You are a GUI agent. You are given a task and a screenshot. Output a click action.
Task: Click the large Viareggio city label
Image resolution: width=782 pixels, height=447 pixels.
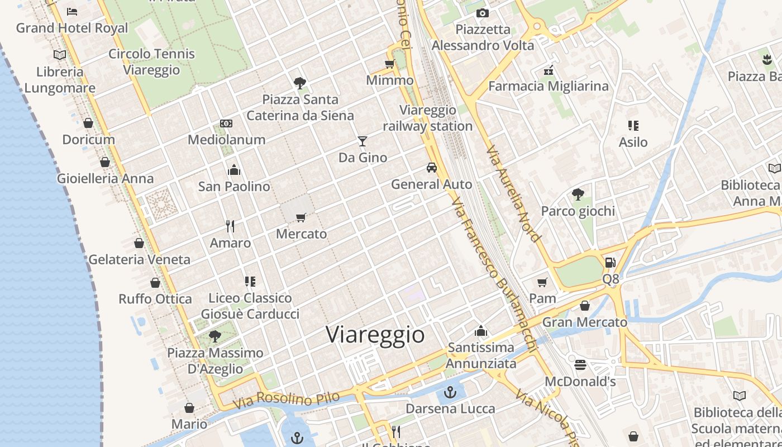375,335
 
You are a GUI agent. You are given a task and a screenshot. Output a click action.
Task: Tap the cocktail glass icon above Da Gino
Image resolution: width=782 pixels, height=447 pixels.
363,141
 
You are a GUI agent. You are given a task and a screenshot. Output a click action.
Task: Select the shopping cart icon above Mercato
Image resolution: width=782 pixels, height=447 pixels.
301,217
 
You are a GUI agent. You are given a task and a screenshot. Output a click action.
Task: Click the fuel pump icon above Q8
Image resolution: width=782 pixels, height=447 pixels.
610,262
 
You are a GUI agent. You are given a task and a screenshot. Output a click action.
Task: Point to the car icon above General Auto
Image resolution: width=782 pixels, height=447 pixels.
431,167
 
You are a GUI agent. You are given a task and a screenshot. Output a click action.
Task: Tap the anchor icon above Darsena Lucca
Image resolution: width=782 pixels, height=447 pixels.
450,392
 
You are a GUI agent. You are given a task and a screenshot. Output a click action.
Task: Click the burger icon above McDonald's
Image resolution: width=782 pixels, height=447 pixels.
580,365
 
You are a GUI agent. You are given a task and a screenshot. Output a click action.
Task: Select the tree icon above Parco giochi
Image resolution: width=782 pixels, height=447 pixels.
578,194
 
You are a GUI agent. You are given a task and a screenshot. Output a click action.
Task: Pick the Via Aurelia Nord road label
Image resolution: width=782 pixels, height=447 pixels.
513,194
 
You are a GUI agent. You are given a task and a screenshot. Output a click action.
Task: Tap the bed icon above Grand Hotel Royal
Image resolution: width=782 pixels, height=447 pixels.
71,11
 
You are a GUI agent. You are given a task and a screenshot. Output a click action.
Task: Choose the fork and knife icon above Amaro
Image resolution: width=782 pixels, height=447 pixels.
230,226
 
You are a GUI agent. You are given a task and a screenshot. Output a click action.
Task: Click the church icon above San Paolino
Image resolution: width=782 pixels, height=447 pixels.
233,169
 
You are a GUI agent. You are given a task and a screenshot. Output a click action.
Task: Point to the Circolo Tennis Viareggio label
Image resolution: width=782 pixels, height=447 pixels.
151,62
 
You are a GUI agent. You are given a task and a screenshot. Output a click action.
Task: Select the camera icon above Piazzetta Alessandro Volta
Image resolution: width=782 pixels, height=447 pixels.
483,13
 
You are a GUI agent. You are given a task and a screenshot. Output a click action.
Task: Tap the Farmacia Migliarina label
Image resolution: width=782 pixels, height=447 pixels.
549,86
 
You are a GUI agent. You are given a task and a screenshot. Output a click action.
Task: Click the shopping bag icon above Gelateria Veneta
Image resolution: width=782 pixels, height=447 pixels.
139,243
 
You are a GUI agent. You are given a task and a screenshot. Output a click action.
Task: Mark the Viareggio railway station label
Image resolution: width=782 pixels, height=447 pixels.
428,118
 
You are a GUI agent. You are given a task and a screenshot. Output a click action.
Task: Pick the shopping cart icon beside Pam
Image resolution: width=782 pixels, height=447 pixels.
542,282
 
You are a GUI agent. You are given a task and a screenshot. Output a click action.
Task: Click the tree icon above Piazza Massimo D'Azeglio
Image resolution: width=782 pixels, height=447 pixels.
214,336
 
